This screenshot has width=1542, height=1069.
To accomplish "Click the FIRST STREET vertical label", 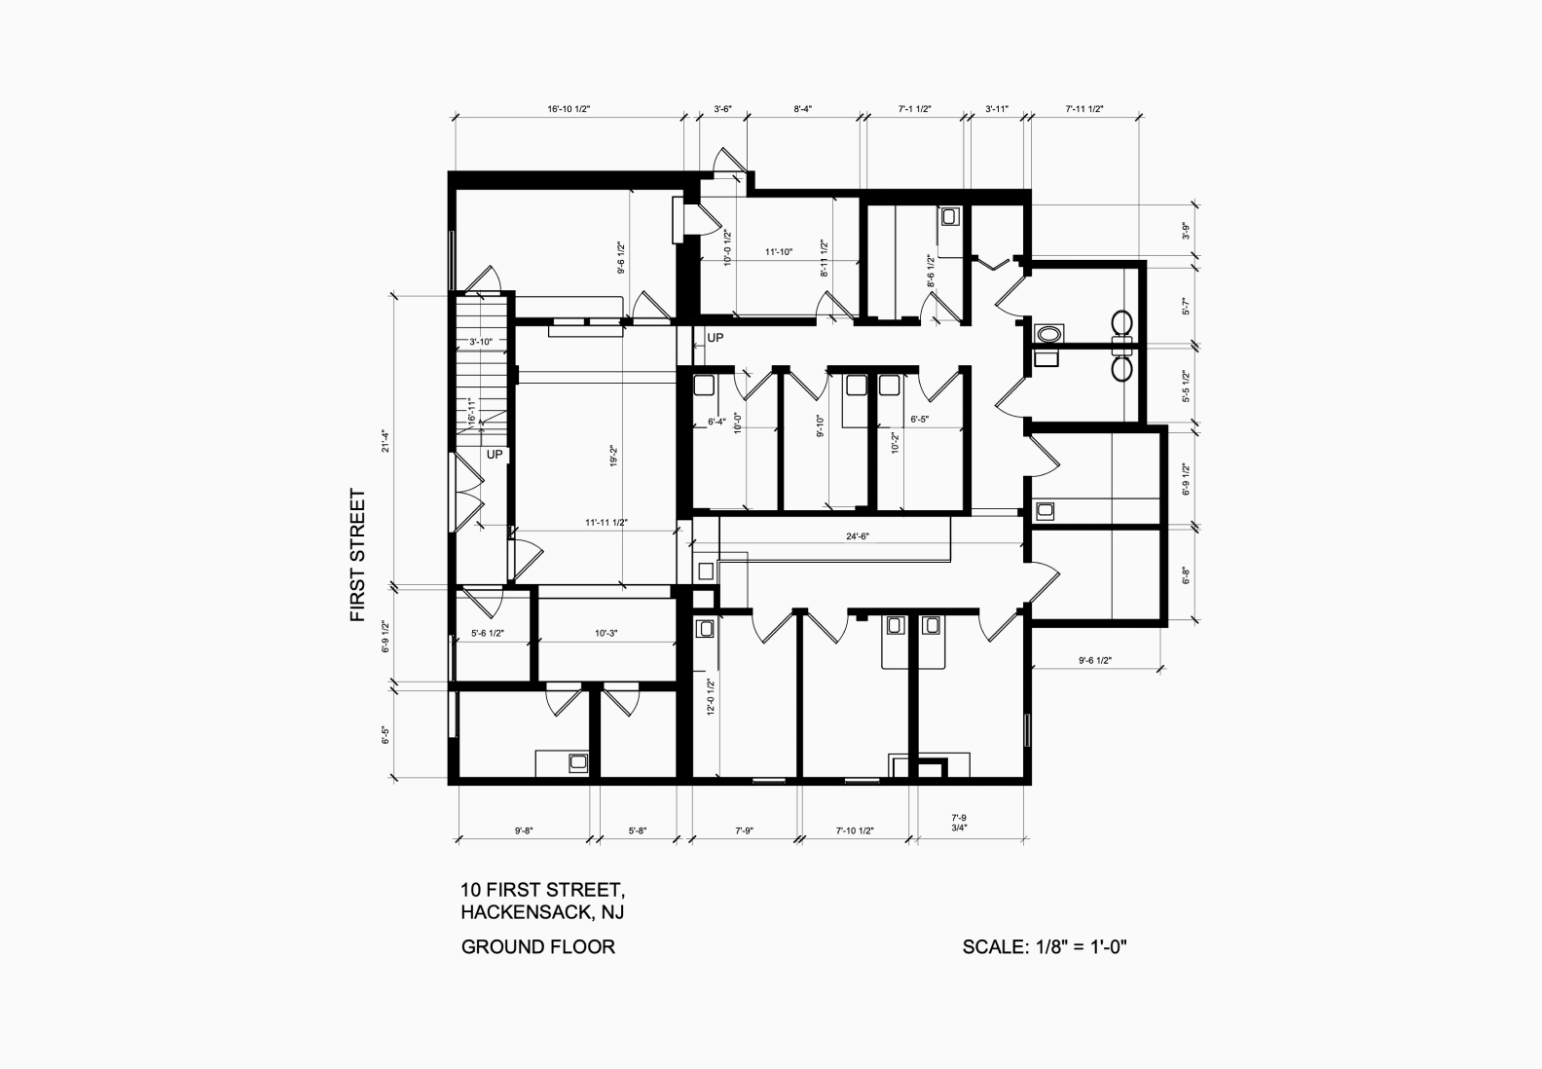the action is (x=358, y=556).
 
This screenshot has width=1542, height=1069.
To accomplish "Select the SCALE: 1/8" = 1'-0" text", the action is (x=1045, y=947).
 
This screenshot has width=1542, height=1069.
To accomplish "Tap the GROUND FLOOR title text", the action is (x=537, y=947).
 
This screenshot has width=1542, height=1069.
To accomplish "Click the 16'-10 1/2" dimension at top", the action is (x=569, y=109).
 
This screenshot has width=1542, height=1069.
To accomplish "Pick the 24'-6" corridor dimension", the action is (x=858, y=536).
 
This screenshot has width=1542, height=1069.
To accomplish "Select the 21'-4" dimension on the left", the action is (x=386, y=441).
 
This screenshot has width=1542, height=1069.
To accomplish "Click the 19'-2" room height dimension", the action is (x=612, y=456).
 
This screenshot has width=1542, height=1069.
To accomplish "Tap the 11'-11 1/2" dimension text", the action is (x=606, y=523).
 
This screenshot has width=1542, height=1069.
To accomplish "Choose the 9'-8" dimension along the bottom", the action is (x=524, y=830).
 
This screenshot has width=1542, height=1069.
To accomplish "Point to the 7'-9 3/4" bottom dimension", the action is (x=959, y=823).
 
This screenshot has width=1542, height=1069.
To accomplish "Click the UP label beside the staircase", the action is (x=495, y=455).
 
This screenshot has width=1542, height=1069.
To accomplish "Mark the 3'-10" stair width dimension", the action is (x=481, y=342).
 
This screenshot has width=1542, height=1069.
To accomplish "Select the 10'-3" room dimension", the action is (x=606, y=633).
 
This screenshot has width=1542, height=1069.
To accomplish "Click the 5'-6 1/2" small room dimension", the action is (x=488, y=633).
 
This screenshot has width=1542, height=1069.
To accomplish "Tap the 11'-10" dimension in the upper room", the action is (x=779, y=252).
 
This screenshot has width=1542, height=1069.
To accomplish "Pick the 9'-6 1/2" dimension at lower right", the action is (x=1095, y=660).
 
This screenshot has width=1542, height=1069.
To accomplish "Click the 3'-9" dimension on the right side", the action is (x=1186, y=232).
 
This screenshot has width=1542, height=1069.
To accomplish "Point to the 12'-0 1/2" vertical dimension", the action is (x=711, y=697).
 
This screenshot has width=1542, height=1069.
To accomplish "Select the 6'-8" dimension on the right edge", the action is (x=1186, y=575).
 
